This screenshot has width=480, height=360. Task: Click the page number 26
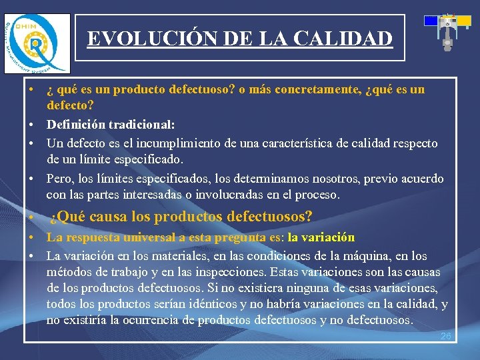[x=446, y=336]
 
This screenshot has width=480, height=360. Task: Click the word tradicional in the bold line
[x=141, y=125]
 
